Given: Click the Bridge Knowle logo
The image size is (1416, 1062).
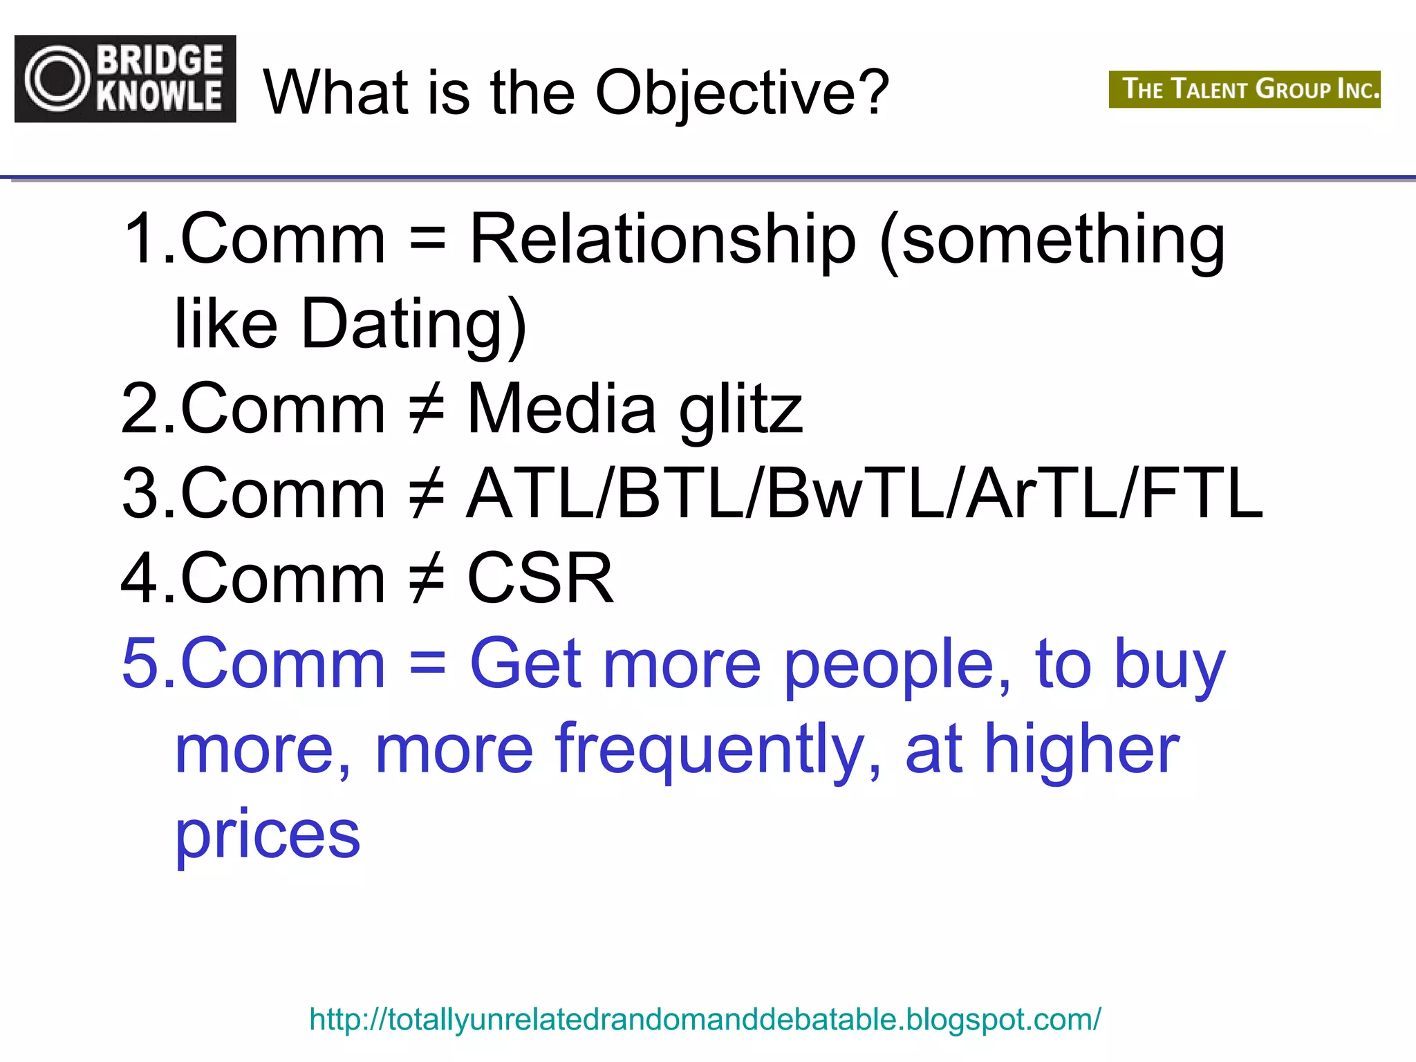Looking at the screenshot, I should coord(125,79).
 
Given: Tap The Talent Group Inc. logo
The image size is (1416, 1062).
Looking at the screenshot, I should coord(1244,89).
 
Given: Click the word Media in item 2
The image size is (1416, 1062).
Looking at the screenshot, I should coord(561,409).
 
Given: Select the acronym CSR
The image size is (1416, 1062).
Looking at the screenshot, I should coord(540,578).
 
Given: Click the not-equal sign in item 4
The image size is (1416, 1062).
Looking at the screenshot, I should coord(427,578).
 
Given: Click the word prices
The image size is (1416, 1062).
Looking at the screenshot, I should coord(268,835).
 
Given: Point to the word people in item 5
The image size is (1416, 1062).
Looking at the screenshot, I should coord(897,665).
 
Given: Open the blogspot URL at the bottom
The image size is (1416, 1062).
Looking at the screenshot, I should coord(705,1019).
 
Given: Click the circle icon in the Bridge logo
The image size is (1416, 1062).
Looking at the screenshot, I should coord(58,79).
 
